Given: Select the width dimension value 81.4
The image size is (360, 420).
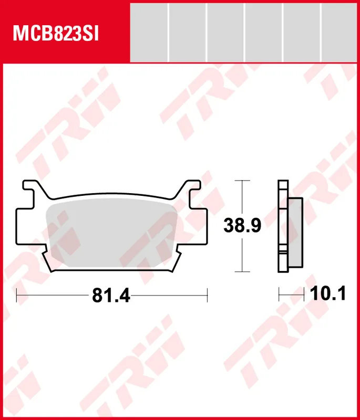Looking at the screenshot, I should point(111,296).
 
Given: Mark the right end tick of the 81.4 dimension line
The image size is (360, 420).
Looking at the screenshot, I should point(208,296).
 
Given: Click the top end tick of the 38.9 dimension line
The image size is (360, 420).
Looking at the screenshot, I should point(241,181).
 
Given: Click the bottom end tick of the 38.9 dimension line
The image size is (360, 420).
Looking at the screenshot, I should point(241,271).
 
